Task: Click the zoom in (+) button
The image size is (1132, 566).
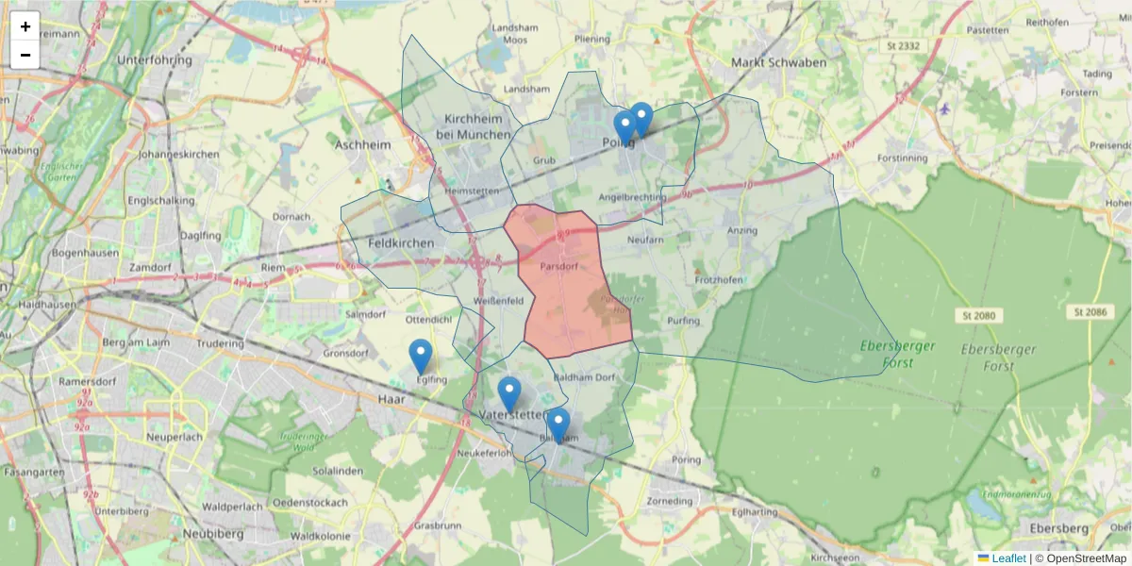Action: coord(25,26)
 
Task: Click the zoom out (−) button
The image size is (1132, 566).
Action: coord(25,55)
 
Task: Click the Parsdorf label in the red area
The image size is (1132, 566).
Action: coord(558,267)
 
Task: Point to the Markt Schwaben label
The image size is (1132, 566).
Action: coord(779,63)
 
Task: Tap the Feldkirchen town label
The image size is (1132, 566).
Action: coord(401,243)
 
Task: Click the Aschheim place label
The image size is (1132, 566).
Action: coord(362,145)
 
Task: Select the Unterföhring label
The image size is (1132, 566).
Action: coord(155,59)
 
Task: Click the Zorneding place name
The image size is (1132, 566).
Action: coord(671,501)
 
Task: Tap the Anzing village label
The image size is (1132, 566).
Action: coord(742,230)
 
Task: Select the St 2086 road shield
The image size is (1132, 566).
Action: coord(1090,311)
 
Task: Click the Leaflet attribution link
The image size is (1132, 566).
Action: coord(1008,558)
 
